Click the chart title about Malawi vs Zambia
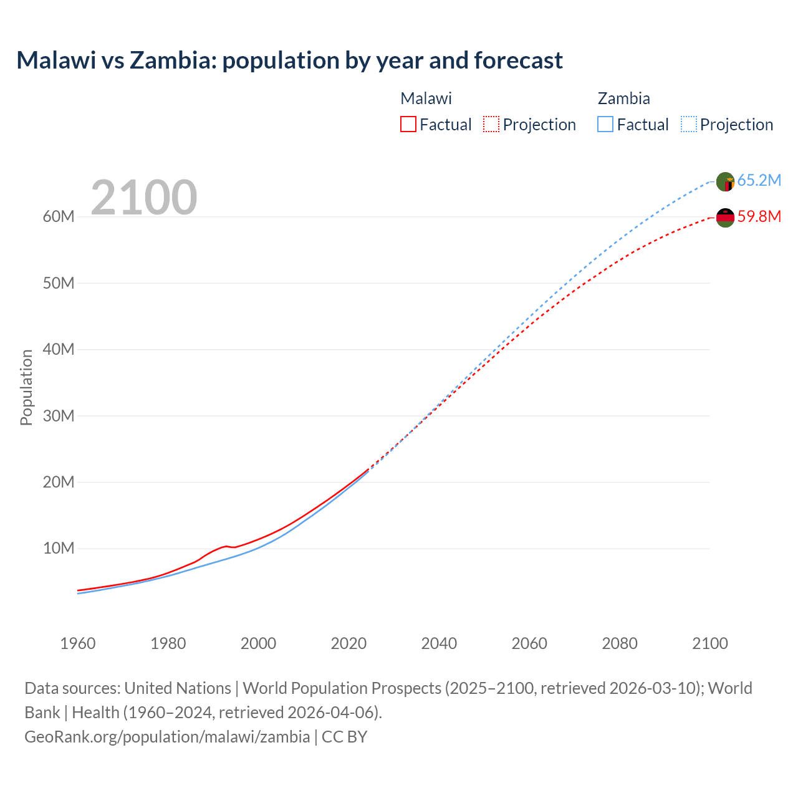tap(289, 60)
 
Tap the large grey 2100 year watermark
tap(144, 198)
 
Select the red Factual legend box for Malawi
tap(408, 124)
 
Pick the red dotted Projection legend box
tap(491, 124)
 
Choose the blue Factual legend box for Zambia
tap(605, 124)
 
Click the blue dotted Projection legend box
tap(688, 124)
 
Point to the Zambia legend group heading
tap(623, 99)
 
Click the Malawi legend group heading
tap(426, 99)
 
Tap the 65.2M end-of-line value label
tap(759, 180)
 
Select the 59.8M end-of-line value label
tap(759, 216)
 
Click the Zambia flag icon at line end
tap(725, 182)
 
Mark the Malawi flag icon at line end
tap(725, 218)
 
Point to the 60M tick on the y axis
tap(59, 217)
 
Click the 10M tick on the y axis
tap(59, 549)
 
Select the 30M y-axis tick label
tap(59, 416)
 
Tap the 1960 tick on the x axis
tap(78, 643)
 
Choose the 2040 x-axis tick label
tap(439, 643)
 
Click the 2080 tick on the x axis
tap(620, 643)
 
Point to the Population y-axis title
tap(26, 387)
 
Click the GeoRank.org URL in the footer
tap(167, 737)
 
